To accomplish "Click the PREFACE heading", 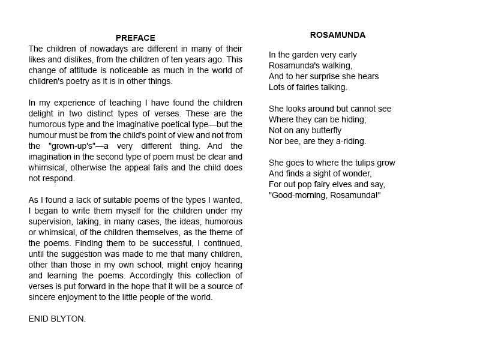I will (136, 38).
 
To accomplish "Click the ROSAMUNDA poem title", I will (338, 35).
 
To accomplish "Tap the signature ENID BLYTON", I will (57, 319).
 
